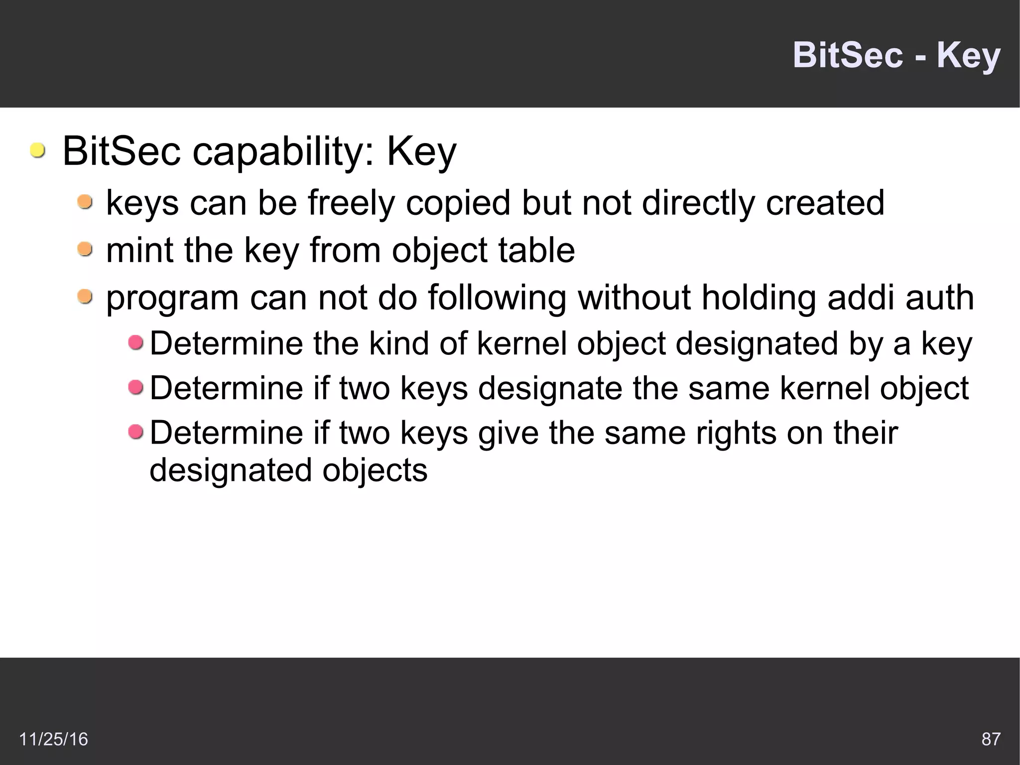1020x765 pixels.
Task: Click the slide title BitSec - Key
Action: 896,55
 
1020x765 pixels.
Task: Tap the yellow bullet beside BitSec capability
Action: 37,150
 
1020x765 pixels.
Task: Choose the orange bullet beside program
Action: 85,297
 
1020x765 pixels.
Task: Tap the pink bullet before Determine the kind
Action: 135,342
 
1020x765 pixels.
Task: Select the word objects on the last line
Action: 375,470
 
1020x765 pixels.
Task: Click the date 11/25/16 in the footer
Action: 53,739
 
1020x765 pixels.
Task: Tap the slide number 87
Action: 991,739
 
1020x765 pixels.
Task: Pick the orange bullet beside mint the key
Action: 85,249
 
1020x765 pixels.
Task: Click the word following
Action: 497,298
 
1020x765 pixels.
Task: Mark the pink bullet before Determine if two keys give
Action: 135,432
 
